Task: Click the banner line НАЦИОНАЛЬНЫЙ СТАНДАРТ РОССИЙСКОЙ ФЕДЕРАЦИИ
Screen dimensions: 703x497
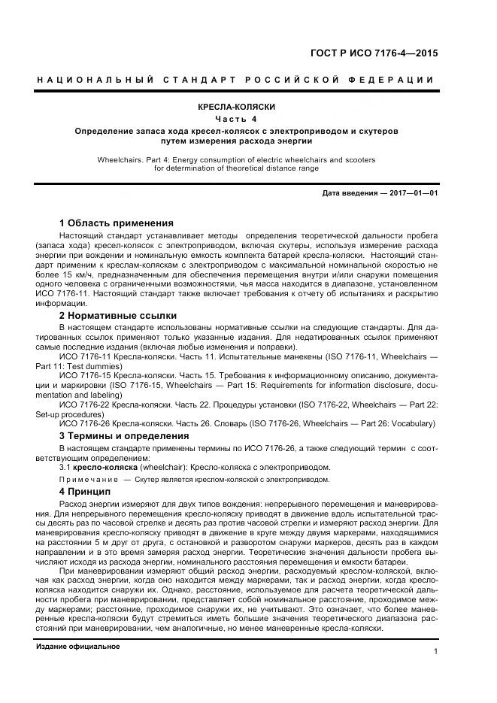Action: [236, 80]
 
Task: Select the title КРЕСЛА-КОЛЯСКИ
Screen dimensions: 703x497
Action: [236, 108]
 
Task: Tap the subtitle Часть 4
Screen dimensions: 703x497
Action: [236, 119]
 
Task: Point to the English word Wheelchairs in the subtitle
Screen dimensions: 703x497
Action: [120, 159]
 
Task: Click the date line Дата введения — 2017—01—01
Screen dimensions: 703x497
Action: [380, 193]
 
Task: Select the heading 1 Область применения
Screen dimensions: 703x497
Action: [116, 223]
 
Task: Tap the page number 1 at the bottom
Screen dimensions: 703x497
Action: [435, 652]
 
